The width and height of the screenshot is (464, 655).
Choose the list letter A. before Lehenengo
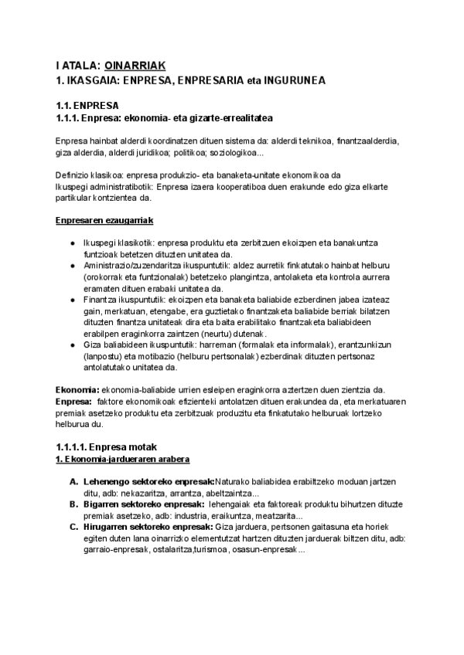click(x=73, y=482)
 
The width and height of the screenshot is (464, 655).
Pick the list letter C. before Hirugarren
click(x=73, y=528)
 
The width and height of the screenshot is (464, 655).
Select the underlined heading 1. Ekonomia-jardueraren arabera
click(x=123, y=460)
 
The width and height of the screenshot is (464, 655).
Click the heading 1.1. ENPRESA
click(x=86, y=105)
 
